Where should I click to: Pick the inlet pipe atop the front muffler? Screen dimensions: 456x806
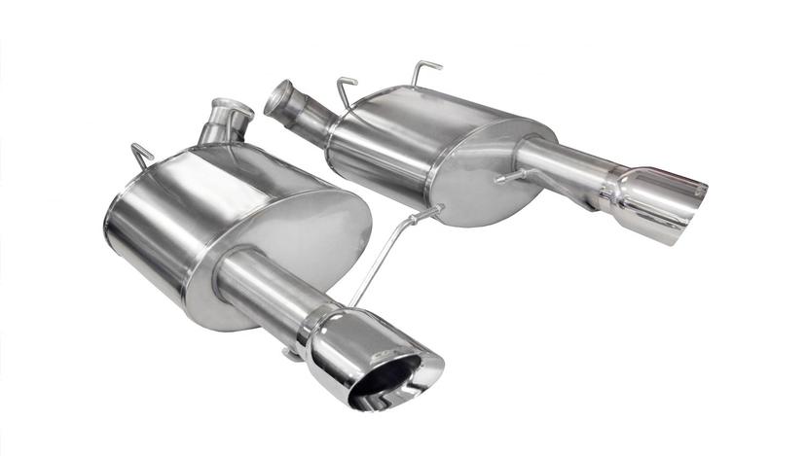(x=224, y=122)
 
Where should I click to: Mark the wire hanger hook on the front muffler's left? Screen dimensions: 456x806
(x=142, y=156)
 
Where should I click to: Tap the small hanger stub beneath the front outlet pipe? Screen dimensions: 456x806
(x=291, y=354)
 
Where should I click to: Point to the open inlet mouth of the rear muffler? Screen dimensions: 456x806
(x=279, y=97)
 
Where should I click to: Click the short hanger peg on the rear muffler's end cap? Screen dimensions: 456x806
(x=506, y=178)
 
